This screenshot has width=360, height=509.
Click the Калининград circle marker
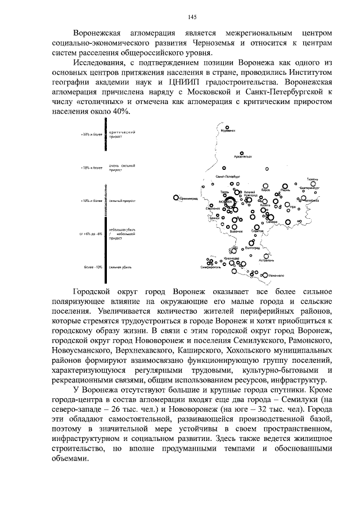coord(176,197)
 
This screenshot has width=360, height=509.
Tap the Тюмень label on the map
coord(313,179)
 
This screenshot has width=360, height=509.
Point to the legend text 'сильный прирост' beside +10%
coord(120,200)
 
